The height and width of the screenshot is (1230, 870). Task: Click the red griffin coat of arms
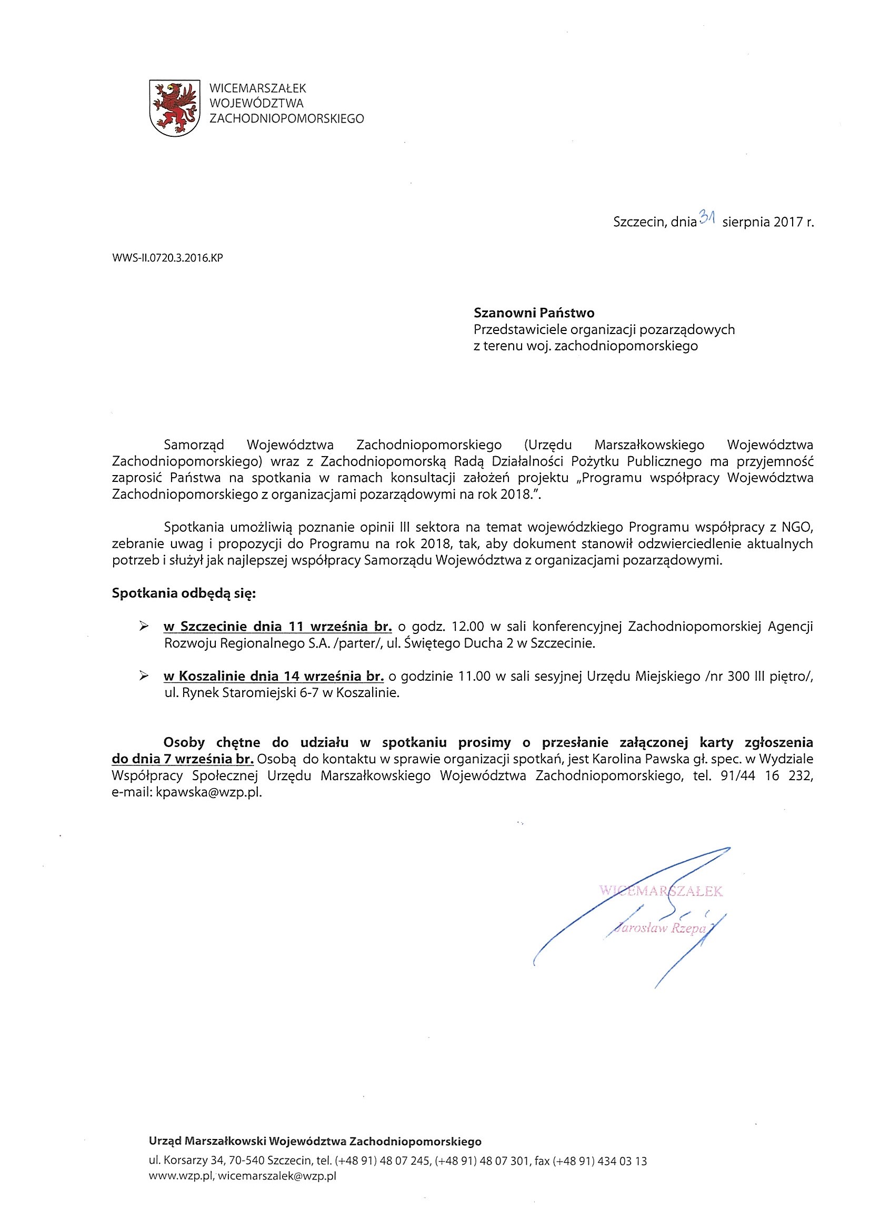click(x=174, y=108)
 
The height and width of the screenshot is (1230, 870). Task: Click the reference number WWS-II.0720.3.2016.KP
click(x=167, y=258)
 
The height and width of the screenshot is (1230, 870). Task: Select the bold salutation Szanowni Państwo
click(x=534, y=312)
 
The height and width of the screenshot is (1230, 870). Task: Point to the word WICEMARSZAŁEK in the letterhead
click(x=258, y=88)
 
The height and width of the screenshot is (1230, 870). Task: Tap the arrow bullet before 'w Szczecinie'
click(x=143, y=626)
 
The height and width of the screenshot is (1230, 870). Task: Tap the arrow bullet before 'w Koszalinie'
click(x=143, y=676)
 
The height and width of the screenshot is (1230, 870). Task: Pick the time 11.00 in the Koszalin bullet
click(x=475, y=677)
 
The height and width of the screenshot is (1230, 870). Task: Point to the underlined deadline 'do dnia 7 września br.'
click(x=183, y=759)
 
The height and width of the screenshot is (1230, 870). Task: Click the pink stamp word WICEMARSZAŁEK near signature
click(x=661, y=891)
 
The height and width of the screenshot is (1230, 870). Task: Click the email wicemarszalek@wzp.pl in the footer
click(x=277, y=1176)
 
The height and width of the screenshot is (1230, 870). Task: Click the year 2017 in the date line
click(x=787, y=222)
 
